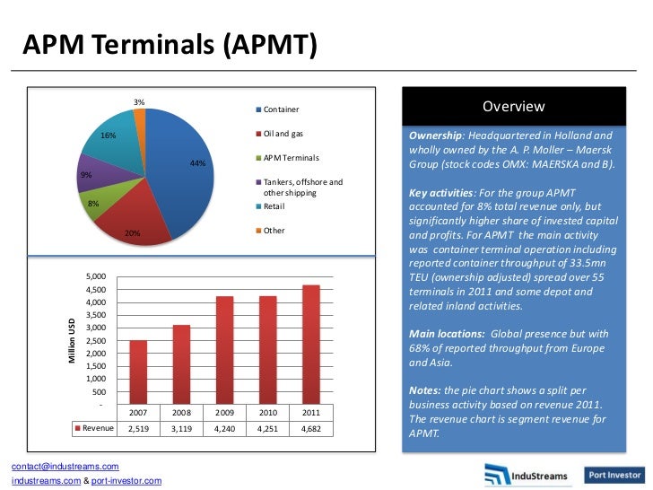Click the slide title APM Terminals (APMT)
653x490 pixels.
169,44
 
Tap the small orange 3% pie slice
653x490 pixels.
140,119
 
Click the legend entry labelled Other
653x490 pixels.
273,230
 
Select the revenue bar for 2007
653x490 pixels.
138,372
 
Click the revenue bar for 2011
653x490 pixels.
310,345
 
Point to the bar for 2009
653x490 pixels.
224,350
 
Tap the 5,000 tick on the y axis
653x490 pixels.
95,276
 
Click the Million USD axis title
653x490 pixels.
73,342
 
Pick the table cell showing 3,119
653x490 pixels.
181,429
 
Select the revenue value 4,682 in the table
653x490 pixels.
310,429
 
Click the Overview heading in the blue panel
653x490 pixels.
513,107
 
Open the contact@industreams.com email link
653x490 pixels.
65,467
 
